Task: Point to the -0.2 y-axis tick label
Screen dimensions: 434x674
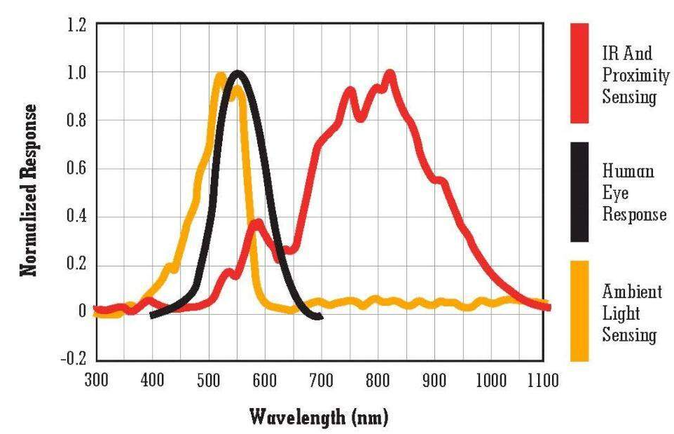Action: tap(72, 358)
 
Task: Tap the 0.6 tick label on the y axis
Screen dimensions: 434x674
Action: tap(75, 169)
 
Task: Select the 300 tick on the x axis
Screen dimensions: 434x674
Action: tap(96, 381)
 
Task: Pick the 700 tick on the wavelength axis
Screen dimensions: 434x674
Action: tap(320, 381)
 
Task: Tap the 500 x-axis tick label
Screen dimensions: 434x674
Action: tap(208, 381)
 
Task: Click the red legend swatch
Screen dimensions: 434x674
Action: tap(579, 73)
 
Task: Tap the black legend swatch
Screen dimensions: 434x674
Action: tap(579, 192)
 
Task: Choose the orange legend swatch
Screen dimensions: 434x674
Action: tap(579, 311)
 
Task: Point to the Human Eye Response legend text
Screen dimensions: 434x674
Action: tap(633, 192)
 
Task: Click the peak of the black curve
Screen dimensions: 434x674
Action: tap(238, 74)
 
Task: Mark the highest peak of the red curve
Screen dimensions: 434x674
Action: tap(390, 74)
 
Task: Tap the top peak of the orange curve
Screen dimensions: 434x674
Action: tap(220, 76)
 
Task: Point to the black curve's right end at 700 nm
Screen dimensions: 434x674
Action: tap(319, 317)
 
